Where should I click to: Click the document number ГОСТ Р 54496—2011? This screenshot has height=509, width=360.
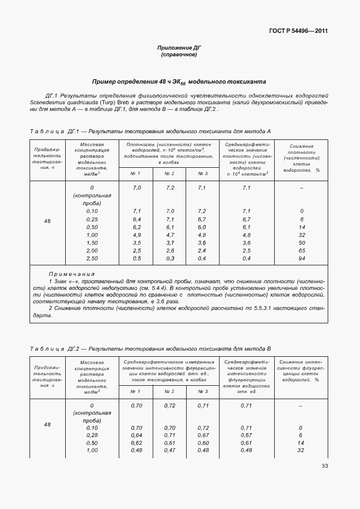tap(295, 31)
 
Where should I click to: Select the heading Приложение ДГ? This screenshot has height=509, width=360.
tap(179, 48)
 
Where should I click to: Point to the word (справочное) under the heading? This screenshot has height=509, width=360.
tap(179, 55)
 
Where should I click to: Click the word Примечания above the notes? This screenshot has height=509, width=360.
tap(71, 274)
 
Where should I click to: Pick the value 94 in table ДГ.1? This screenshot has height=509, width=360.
tap(301, 259)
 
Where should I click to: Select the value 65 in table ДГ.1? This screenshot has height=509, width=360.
tap(301, 251)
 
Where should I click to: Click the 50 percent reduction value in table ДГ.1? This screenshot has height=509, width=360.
tap(301, 243)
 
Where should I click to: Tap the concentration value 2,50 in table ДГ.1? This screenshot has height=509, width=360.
tap(92, 259)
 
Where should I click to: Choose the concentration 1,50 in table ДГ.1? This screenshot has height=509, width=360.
tap(92, 243)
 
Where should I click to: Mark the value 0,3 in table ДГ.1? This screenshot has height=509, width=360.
tap(170, 259)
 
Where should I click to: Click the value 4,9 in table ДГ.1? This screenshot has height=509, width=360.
tap(137, 235)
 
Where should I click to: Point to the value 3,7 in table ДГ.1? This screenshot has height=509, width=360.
tap(170, 243)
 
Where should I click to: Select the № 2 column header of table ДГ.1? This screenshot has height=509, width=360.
tap(170, 173)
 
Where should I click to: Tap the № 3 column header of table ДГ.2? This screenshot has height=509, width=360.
tap(202, 391)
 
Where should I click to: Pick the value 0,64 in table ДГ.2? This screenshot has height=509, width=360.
tap(137, 435)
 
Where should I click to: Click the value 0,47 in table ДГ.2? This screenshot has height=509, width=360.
tap(170, 450)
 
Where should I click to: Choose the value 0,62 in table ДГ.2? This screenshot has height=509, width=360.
tap(137, 443)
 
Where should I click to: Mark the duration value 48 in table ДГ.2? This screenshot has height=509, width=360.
tap(47, 425)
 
